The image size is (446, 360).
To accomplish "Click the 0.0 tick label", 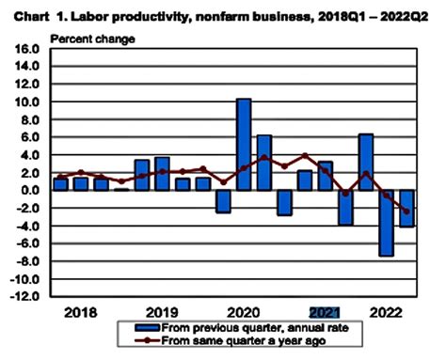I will (x=26, y=191).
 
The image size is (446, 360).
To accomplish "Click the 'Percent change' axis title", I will (x=91, y=38).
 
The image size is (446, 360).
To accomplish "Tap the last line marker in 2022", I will (x=407, y=211).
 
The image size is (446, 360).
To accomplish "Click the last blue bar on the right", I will (x=407, y=208).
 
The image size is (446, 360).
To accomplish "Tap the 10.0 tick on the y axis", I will (x=24, y=102).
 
